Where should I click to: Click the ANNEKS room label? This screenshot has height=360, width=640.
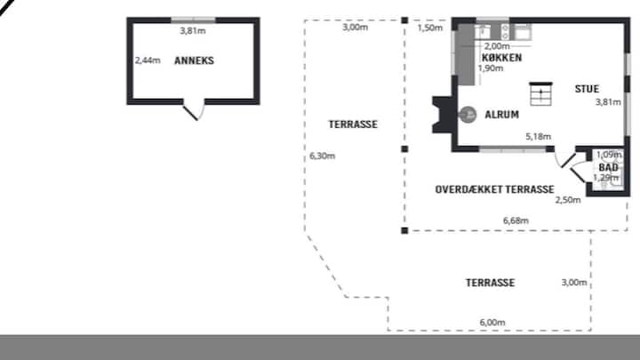point(194,60)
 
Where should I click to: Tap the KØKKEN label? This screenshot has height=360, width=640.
point(501,58)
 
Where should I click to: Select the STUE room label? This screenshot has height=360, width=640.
point(587,89)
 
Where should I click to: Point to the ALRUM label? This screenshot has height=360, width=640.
point(501,115)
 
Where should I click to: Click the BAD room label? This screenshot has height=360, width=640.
point(608,167)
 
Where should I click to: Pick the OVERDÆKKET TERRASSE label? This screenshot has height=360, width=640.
point(495,189)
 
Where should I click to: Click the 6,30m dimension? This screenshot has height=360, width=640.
point(323,156)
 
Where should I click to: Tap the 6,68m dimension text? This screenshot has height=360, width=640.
point(516,220)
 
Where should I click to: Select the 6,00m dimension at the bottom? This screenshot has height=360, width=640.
point(492,323)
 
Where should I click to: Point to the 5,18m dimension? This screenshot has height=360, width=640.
point(539,137)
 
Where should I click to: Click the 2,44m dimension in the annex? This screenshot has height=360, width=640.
point(148,60)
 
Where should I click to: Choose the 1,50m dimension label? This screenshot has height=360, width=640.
point(430,28)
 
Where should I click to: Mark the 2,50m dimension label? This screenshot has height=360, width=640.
point(568,200)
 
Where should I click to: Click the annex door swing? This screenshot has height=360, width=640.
point(194,110)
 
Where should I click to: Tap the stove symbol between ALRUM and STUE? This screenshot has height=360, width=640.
point(540,94)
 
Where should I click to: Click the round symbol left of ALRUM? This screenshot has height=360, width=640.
point(468,115)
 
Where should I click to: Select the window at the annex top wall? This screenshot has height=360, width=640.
point(193,20)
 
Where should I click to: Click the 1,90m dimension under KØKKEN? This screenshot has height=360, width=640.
point(491,68)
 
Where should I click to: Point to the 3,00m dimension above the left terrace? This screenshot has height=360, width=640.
point(355,28)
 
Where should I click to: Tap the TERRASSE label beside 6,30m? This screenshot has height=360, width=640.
point(353,124)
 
